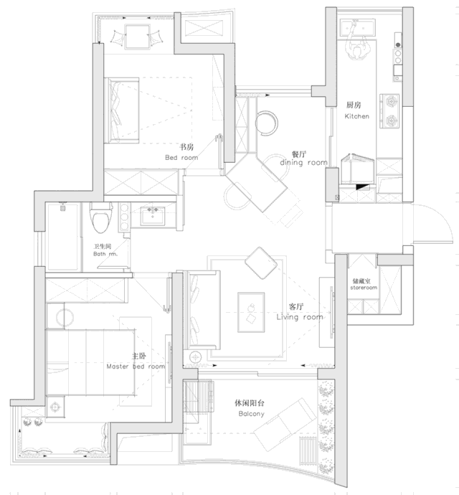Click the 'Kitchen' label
pyautogui.click(x=356, y=115)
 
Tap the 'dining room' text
pyautogui.click(x=304, y=163)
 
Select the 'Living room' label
pyautogui.click(x=300, y=316)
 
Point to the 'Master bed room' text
pyautogui.click(x=135, y=366)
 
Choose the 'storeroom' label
pyautogui.click(x=363, y=286)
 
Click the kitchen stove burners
pyautogui.click(x=392, y=111)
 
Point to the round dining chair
pyautogui.click(x=267, y=121)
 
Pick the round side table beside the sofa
pyautogui.click(x=194, y=357)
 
